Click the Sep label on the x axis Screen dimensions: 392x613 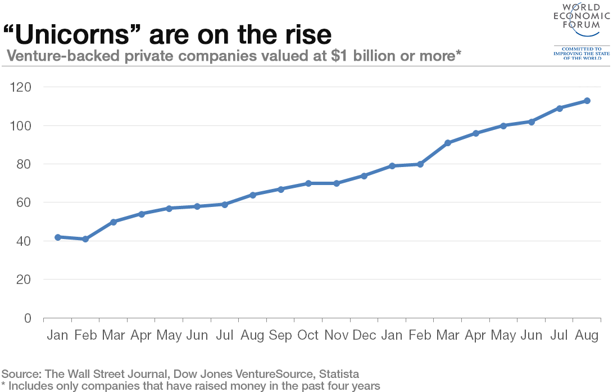tap(280, 335)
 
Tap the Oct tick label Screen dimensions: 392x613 tap(308, 335)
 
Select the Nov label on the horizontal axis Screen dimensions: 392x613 tap(337, 335)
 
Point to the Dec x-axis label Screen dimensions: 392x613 tap(364, 335)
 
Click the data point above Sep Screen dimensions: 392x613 tap(281, 189)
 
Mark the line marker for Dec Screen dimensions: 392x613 tap(364, 175)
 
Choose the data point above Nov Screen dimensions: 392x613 tap(337, 183)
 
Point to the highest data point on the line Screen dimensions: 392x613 tap(587, 101)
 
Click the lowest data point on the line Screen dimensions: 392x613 tap(85, 239)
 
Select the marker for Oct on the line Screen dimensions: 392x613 tap(308, 183)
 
